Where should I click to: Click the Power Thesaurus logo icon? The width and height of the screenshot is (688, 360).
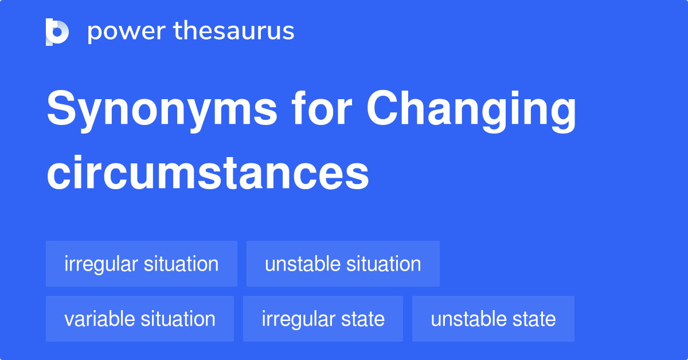point(57,32)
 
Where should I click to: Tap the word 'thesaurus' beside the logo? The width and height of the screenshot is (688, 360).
point(234,31)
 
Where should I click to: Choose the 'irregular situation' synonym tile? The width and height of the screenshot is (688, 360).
point(142,264)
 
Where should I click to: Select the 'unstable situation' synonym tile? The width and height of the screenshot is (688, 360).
point(343,264)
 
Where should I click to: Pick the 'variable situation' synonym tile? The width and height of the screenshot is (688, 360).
point(140,319)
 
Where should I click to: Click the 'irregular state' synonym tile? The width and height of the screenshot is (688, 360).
point(323,319)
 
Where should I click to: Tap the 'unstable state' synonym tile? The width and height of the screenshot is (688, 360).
point(493,319)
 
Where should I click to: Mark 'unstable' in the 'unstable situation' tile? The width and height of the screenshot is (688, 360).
point(302,264)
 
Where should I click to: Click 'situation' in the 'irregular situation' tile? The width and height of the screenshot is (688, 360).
point(181,264)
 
